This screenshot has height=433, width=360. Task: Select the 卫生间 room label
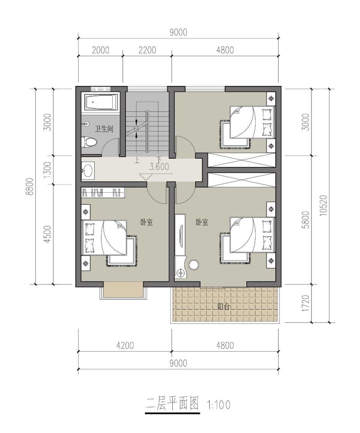tap(104, 129)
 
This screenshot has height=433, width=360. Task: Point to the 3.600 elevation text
tap(159, 166)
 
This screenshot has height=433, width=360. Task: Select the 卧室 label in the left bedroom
tap(147, 222)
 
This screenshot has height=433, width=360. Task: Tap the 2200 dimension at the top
tap(147, 50)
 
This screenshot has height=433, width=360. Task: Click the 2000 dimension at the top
tap(101, 50)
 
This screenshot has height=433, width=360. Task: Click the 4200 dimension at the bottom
tap(125, 346)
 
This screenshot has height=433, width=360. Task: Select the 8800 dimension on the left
tap(29, 187)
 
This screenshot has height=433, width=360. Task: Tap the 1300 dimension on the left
tap(47, 170)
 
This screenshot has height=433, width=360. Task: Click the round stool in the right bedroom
tap(193, 265)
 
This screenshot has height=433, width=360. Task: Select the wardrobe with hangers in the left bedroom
tap(103, 193)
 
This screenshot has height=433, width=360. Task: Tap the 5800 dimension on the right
tap(306, 220)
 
